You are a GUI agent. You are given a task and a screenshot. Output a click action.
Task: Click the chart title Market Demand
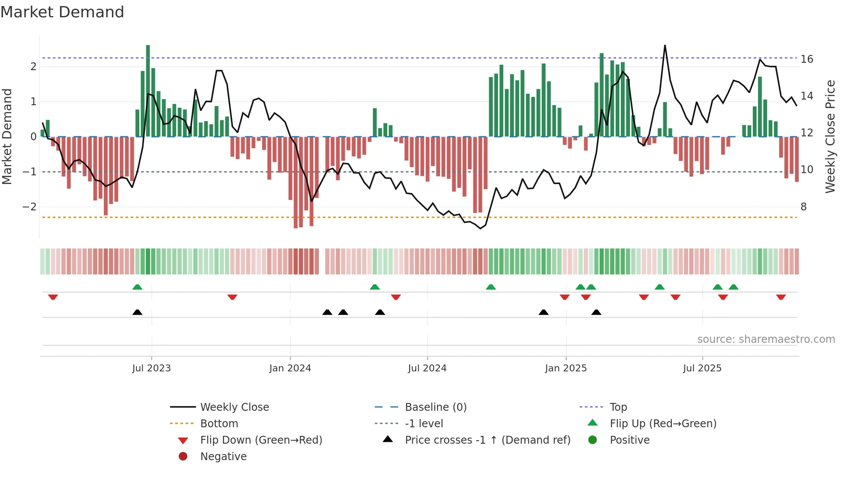pyautogui.click(x=62, y=12)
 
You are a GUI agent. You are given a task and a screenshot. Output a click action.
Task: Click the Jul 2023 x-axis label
pyautogui.click(x=151, y=368)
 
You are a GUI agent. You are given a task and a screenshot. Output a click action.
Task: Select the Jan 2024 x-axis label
pyautogui.click(x=290, y=368)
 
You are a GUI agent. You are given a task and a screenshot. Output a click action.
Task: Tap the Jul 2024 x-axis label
pyautogui.click(x=427, y=368)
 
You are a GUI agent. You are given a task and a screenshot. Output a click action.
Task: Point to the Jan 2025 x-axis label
pyautogui.click(x=565, y=368)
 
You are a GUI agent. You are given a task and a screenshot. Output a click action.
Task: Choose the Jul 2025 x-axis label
pyautogui.click(x=702, y=368)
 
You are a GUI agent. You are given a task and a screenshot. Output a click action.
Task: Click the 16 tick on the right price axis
pyautogui.click(x=806, y=59)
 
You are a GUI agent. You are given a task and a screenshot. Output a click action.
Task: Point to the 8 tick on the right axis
pyautogui.click(x=803, y=207)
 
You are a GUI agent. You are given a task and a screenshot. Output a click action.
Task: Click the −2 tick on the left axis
pyautogui.click(x=29, y=207)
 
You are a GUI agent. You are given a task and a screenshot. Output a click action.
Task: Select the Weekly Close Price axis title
pyautogui.click(x=830, y=136)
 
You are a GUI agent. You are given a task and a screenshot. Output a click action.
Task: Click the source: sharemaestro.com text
pyautogui.click(x=766, y=339)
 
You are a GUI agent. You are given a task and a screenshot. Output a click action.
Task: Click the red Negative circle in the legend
pyautogui.click(x=183, y=457)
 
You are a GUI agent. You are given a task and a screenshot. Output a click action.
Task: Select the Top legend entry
pyautogui.click(x=618, y=407)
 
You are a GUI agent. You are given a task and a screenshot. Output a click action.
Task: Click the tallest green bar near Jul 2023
pyautogui.click(x=148, y=91)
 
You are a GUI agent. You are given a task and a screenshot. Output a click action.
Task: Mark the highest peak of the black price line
pyautogui.click(x=665, y=45)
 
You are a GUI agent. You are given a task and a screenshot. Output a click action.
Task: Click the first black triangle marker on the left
pyautogui.click(x=137, y=313)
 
